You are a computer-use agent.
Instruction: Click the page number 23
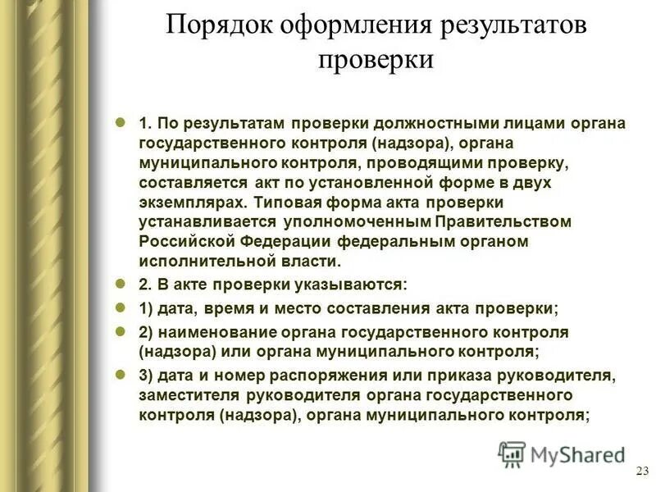tap(641, 470)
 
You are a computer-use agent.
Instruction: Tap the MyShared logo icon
tap(512, 454)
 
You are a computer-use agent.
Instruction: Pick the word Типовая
tap(286, 202)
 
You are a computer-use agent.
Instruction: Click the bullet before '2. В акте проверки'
tap(120, 284)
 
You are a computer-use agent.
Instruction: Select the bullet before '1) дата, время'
tap(120, 307)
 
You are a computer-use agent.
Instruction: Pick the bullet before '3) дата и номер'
tap(120, 375)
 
